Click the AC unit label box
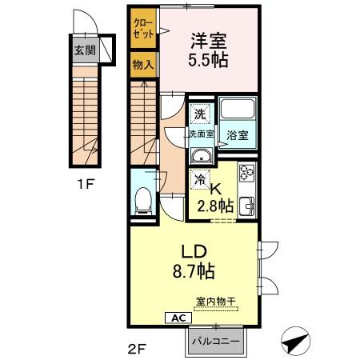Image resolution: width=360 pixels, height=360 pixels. [178, 318]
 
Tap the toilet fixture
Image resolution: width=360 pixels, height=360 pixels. [143, 201]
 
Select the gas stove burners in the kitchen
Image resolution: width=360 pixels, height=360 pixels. [247, 172]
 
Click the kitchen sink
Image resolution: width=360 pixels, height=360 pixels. [247, 206]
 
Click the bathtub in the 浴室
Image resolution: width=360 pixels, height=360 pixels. [238, 109]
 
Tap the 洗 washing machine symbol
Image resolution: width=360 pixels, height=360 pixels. [200, 114]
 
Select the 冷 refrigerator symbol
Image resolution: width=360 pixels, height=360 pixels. [200, 179]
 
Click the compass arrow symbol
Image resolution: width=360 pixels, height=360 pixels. [296, 341]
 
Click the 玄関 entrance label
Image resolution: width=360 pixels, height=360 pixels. [85, 50]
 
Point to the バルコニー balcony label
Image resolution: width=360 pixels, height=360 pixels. [216, 342]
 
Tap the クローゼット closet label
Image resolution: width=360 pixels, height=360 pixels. [143, 28]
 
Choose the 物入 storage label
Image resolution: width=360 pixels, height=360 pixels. [143, 64]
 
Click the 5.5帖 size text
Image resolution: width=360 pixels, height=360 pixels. [208, 60]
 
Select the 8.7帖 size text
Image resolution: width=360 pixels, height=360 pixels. [194, 271]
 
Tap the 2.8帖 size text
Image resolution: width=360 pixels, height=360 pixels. [215, 206]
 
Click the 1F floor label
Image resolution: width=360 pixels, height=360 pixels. [86, 184]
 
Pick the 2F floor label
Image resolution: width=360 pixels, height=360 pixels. [137, 349]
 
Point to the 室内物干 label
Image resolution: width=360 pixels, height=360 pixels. [216, 302]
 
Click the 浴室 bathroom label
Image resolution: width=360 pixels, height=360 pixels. [238, 135]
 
